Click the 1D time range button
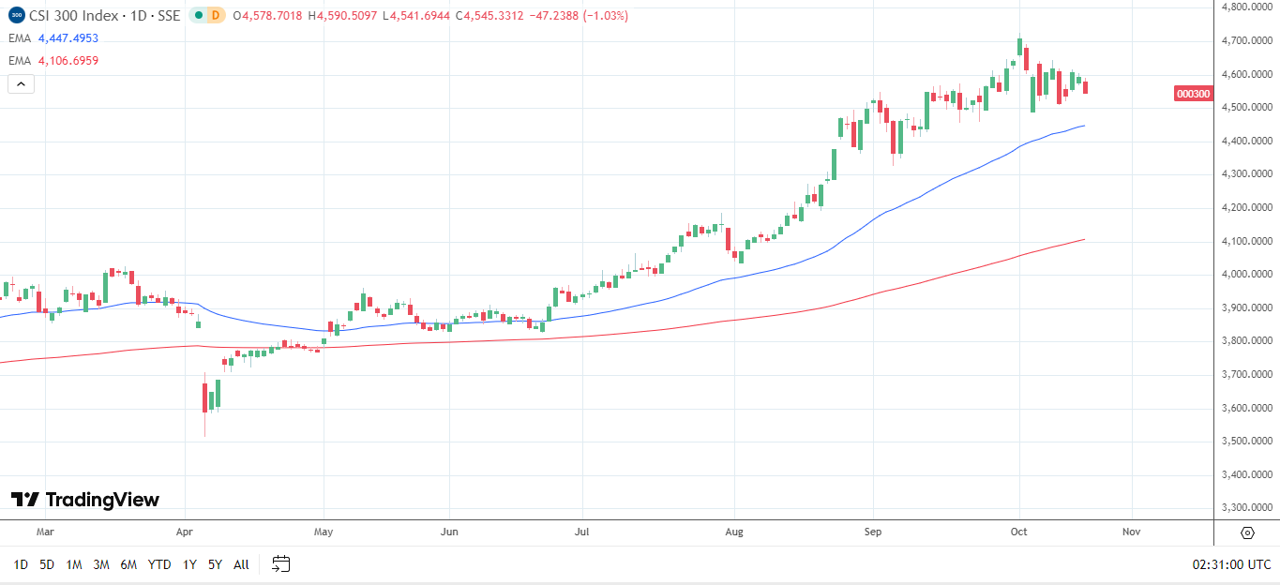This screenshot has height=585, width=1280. click(21, 564)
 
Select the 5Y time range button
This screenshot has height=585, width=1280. click(215, 564)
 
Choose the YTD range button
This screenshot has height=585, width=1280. click(159, 564)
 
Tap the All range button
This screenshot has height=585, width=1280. click(241, 564)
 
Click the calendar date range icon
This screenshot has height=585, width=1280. click(281, 564)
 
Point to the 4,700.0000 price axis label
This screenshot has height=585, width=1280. click(1248, 41)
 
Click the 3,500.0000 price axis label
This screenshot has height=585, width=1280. click(1248, 442)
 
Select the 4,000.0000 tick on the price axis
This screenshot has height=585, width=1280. click(1248, 275)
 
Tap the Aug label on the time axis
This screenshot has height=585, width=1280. click(734, 532)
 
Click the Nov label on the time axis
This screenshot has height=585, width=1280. click(1131, 532)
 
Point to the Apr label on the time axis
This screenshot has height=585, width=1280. click(185, 532)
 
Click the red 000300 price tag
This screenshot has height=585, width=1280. click(1193, 94)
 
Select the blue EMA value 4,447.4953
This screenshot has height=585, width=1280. click(68, 38)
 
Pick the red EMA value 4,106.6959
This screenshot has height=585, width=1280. click(68, 61)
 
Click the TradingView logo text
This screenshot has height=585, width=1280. click(85, 500)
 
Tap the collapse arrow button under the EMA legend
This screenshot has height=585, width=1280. click(21, 83)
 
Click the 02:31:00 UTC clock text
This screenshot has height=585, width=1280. click(1231, 564)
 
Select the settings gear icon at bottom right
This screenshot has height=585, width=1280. click(1247, 532)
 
